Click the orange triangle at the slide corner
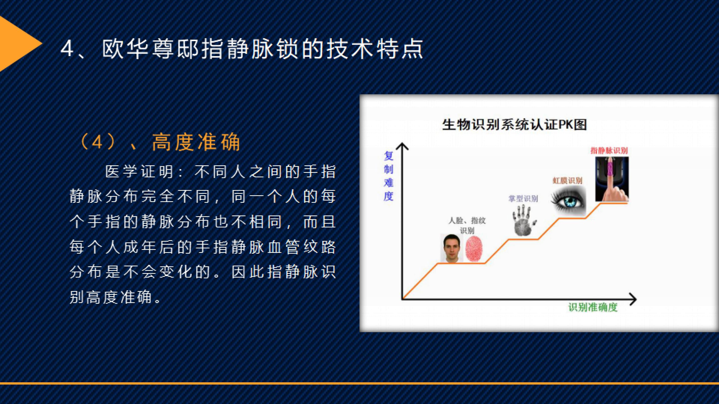(15, 44)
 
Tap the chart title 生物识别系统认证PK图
(514, 124)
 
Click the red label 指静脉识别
(609, 151)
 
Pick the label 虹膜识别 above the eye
(567, 181)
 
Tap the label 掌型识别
(523, 199)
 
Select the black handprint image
(524, 220)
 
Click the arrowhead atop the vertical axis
(402, 146)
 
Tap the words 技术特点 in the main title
(374, 50)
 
